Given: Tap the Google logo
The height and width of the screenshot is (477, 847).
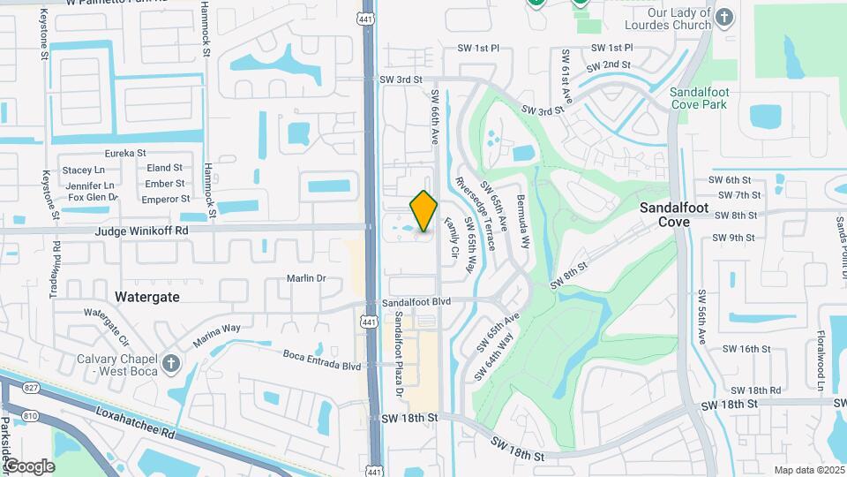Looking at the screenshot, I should (x=29, y=466).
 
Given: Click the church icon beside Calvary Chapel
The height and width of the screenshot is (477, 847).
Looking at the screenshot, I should (x=170, y=363).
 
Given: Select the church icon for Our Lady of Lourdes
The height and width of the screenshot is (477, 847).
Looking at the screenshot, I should (x=723, y=18).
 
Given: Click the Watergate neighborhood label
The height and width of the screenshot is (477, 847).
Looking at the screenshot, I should (x=147, y=297).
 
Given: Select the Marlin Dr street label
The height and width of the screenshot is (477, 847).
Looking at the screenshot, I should (x=306, y=278).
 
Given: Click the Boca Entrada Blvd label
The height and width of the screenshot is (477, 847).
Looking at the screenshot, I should (x=322, y=360).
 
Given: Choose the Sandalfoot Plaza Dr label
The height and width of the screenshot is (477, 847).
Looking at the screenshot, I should (x=399, y=353).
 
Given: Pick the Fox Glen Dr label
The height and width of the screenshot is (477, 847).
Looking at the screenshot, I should (x=92, y=198).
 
